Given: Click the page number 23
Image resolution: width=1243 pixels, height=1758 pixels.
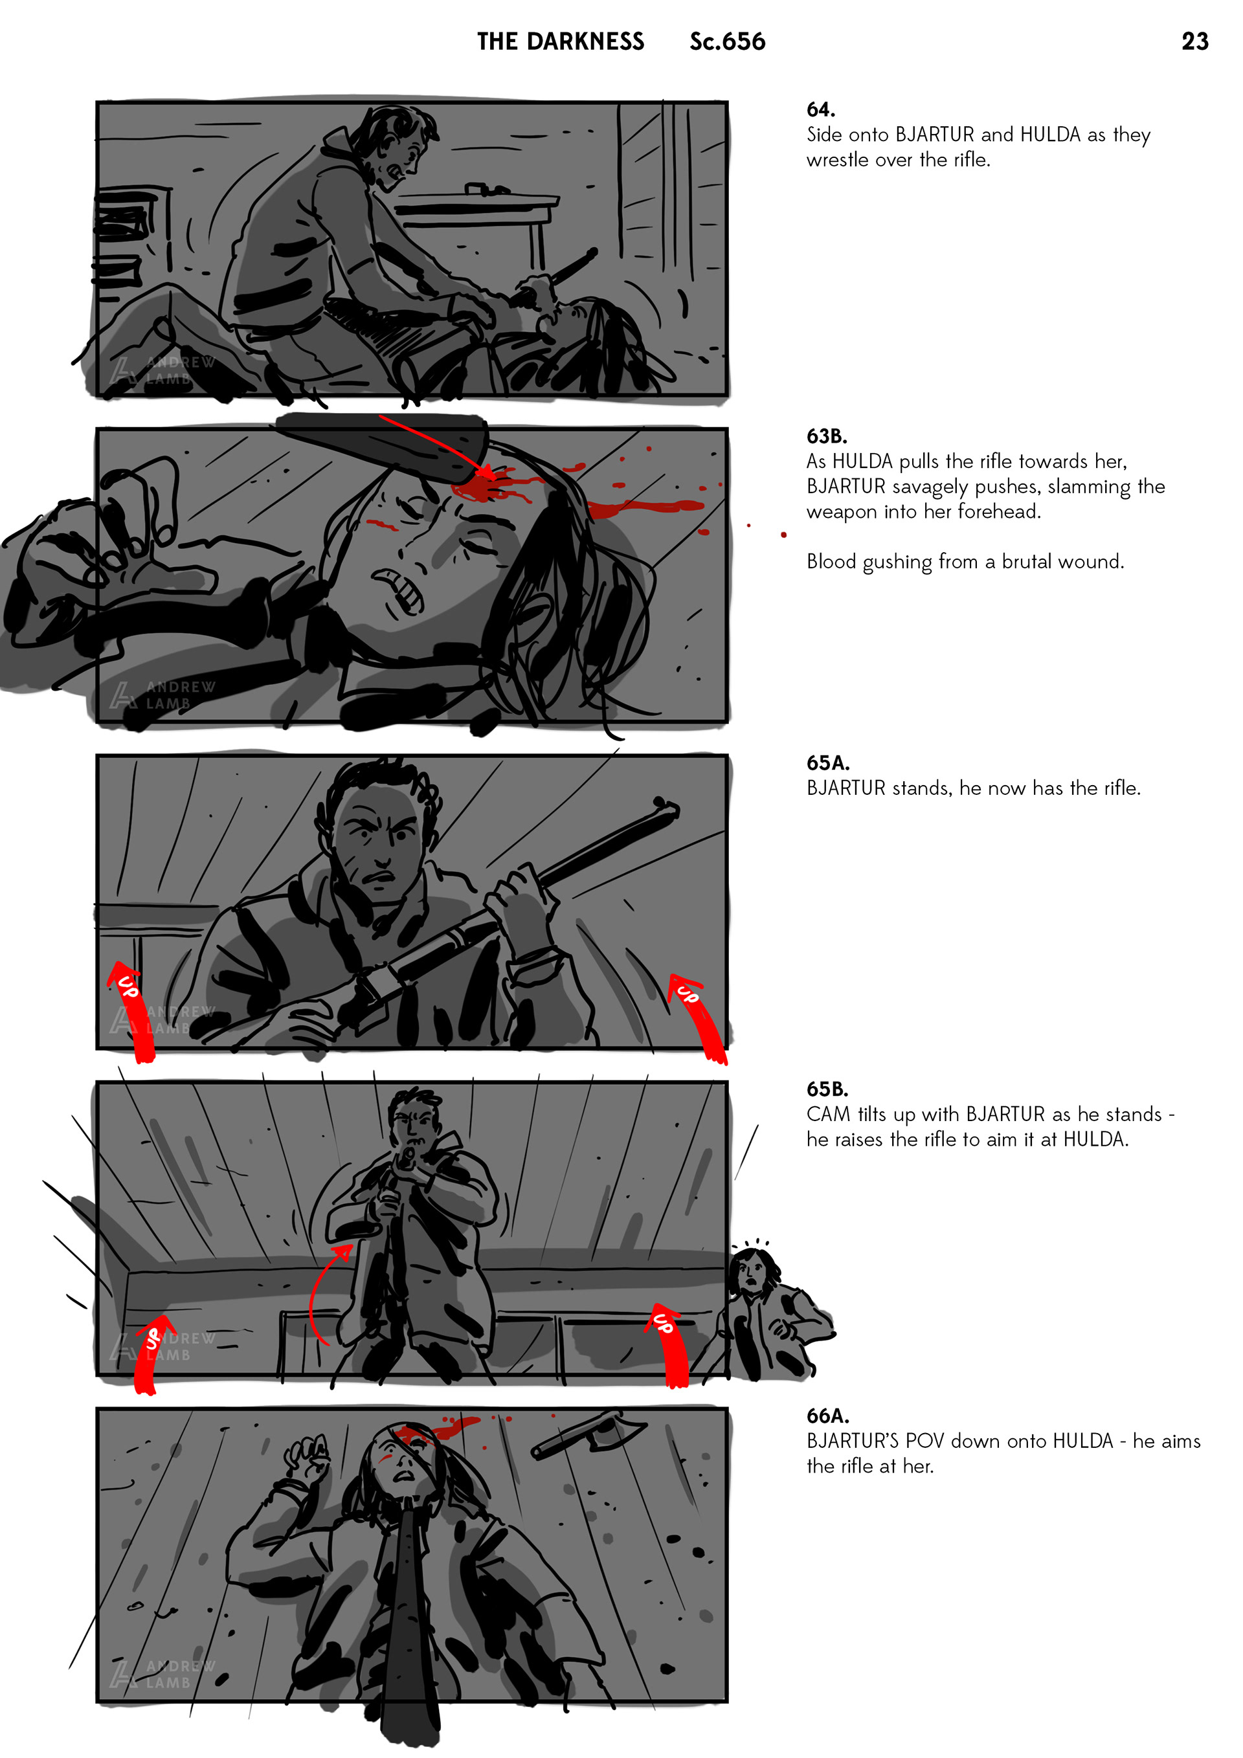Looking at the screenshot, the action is click(x=1194, y=41).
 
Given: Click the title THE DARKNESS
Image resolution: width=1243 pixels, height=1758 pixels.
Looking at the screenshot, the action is click(x=561, y=41).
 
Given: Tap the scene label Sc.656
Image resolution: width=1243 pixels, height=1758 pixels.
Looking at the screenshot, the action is click(x=727, y=41).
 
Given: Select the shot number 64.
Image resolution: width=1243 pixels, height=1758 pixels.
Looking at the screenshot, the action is click(x=820, y=109).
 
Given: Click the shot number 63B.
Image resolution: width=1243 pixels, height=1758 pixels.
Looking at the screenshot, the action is click(x=826, y=436).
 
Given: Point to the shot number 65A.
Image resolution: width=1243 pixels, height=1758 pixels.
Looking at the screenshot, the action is click(x=828, y=762).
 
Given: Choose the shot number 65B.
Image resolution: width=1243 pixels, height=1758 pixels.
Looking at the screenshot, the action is click(x=827, y=1089).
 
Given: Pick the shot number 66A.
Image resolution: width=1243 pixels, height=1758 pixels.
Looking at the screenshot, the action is click(x=828, y=1416).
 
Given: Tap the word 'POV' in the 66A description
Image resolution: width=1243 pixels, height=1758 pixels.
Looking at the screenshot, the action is click(x=925, y=1441).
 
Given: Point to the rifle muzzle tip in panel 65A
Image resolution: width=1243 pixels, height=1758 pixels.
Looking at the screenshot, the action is click(x=668, y=807).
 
